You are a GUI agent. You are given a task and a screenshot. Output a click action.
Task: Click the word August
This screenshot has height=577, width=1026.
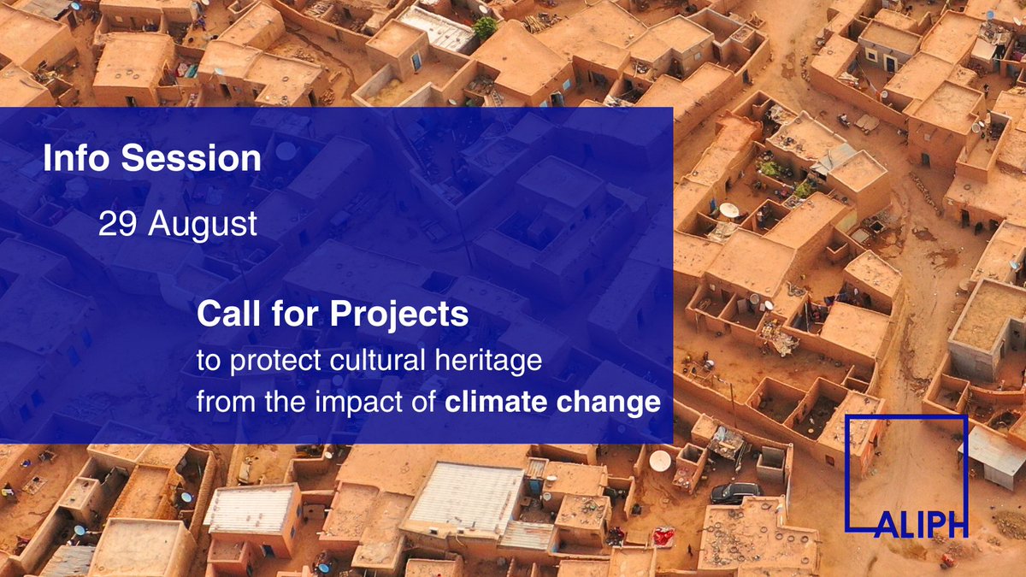pyautogui.click(x=202, y=225)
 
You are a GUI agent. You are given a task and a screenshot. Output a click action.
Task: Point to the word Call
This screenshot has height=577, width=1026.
pyautogui.click(x=224, y=315)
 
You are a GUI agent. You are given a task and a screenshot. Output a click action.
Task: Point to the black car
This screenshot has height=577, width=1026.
pyautogui.click(x=734, y=492)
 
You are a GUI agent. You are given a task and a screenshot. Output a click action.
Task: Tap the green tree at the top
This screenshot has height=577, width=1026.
pyautogui.click(x=486, y=27)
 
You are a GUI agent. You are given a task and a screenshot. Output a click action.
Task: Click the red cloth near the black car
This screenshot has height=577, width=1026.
pyautogui.click(x=663, y=538)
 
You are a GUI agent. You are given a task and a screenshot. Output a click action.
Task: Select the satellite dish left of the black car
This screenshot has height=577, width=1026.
pyautogui.click(x=660, y=461)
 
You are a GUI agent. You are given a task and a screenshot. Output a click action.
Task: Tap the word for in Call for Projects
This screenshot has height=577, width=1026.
pyautogui.click(x=292, y=315)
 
